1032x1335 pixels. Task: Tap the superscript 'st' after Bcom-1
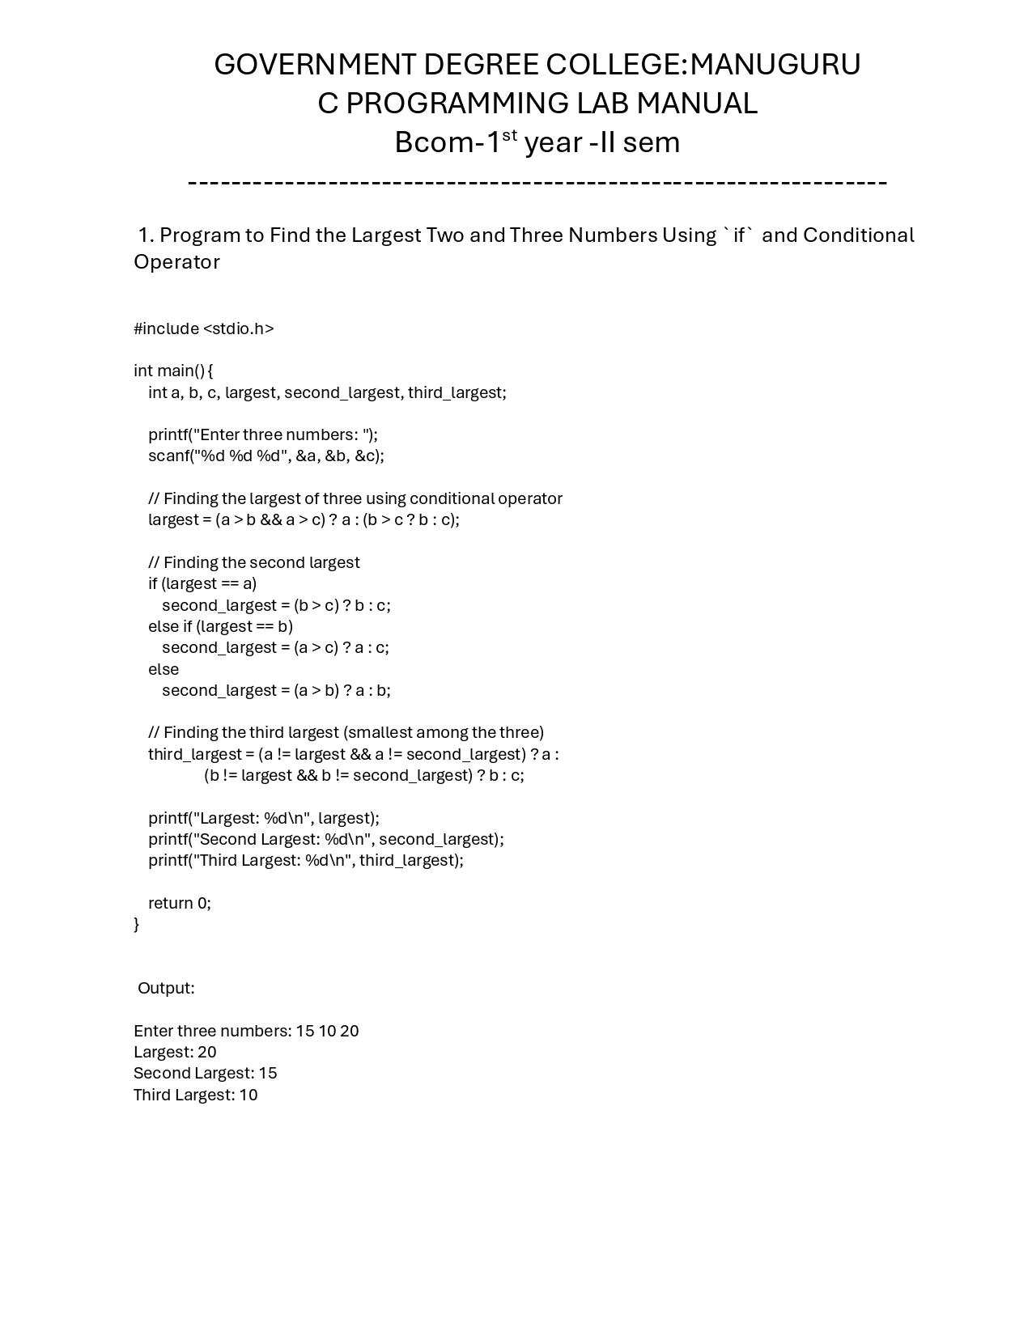point(509,135)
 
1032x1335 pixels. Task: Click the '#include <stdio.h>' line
point(204,328)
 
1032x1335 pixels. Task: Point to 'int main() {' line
point(173,371)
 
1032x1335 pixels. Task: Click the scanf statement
point(265,456)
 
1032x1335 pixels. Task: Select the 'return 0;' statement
point(179,903)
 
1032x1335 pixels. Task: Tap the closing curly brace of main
point(137,924)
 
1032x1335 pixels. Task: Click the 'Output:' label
point(166,988)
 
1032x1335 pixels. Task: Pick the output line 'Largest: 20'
point(175,1052)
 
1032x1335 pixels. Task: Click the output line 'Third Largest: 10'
point(195,1095)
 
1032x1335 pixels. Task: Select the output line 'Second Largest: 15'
point(205,1073)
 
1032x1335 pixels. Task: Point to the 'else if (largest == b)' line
point(220,626)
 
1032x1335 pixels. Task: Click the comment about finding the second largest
point(253,562)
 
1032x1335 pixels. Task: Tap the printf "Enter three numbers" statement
point(262,434)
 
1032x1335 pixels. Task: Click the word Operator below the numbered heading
point(176,262)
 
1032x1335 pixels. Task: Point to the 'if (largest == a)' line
point(202,583)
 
